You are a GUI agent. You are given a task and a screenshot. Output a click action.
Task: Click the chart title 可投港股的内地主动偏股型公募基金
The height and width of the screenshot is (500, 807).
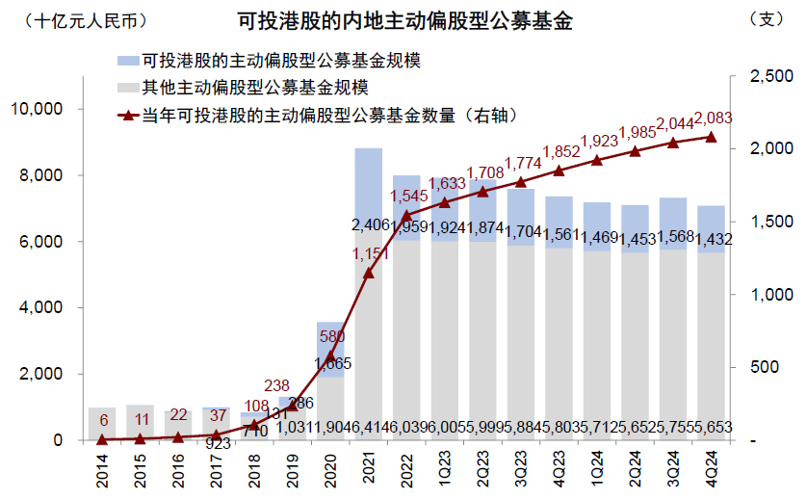[x=404, y=21]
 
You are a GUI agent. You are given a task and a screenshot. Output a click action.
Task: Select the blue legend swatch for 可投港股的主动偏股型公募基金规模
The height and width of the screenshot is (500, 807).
[x=125, y=61]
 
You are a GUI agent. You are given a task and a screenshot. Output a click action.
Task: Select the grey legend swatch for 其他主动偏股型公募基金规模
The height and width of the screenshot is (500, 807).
[x=125, y=88]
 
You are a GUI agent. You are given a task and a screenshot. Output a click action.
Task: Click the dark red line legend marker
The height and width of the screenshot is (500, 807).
[x=125, y=116]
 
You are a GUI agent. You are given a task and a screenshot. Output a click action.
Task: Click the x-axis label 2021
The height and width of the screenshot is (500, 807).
[x=369, y=467]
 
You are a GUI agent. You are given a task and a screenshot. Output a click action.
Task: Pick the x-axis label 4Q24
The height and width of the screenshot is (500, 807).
[x=711, y=467]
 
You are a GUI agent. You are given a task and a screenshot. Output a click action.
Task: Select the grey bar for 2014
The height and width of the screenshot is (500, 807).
[x=102, y=424]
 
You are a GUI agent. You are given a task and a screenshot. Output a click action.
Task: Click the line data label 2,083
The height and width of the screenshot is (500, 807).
[x=713, y=118]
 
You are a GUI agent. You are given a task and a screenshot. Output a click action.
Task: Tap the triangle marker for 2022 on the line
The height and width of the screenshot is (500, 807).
[x=406, y=215]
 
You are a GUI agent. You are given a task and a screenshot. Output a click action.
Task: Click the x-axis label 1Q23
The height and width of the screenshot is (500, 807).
[x=445, y=467]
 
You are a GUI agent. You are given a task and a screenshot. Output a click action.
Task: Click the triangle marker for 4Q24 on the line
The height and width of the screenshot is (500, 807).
[x=711, y=137]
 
